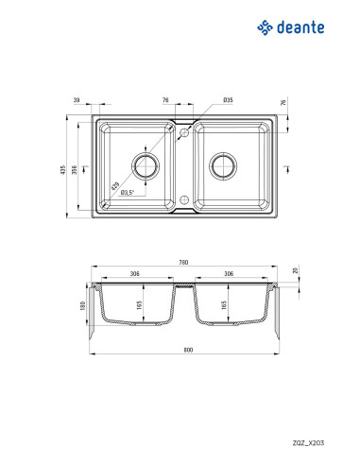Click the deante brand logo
point(290,27)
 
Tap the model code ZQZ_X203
point(308,442)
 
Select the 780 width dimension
point(183,262)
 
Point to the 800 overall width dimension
point(188,350)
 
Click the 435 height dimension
point(63,170)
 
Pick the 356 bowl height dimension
point(75,170)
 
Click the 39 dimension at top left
point(77,100)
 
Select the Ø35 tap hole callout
point(228,100)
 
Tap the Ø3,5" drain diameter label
point(128,192)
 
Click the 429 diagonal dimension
point(115,186)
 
